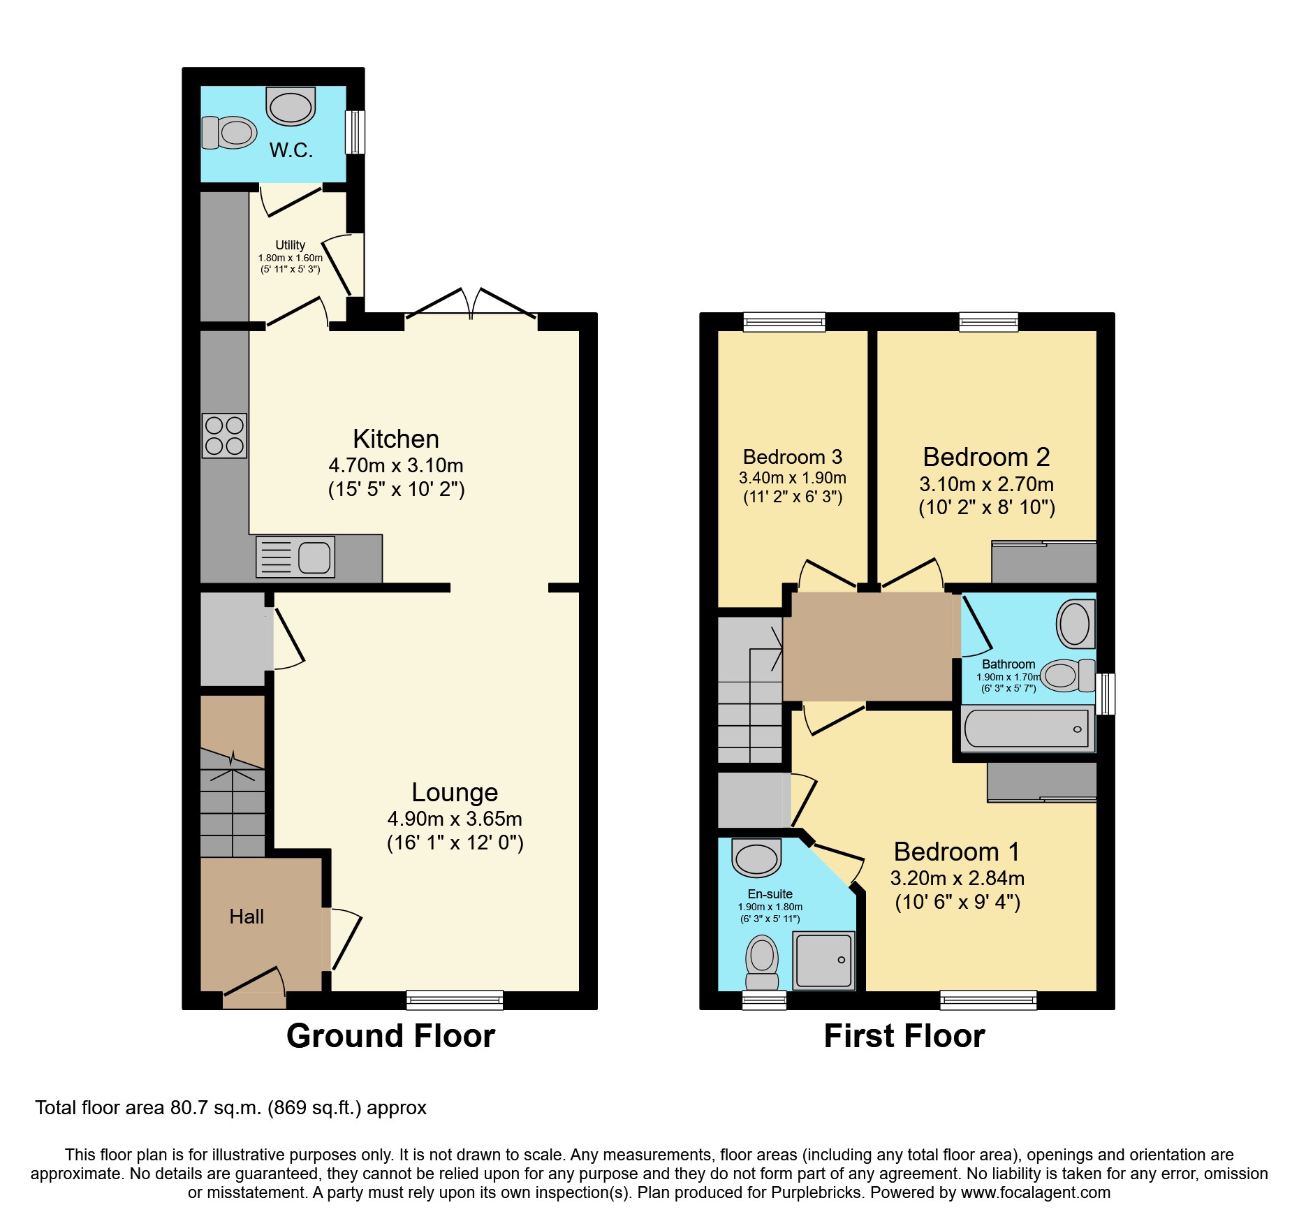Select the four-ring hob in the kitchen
click(x=224, y=435)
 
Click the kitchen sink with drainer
click(x=295, y=557)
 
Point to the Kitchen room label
click(x=396, y=439)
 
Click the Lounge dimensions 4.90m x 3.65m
click(x=455, y=819)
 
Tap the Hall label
click(x=247, y=917)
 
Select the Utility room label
click(x=290, y=245)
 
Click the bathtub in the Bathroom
click(x=1027, y=729)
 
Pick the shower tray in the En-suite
click(x=824, y=961)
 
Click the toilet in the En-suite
click(x=762, y=962)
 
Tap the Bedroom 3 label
click(x=792, y=457)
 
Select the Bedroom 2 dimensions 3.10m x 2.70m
click(x=986, y=484)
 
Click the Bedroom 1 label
click(x=957, y=852)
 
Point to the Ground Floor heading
click(x=390, y=1036)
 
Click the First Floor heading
click(x=904, y=1036)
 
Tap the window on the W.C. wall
click(x=355, y=131)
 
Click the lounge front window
click(x=455, y=1000)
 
